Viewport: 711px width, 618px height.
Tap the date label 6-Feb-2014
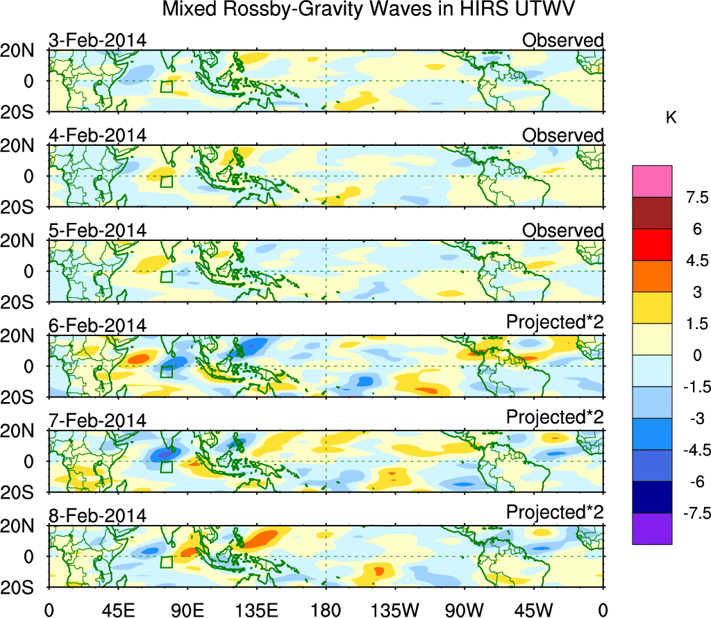pos(97,325)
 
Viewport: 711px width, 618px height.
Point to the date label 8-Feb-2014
pos(97,515)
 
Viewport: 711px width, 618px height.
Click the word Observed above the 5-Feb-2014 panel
pos(562,231)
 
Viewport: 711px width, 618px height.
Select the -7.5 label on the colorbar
pos(692,513)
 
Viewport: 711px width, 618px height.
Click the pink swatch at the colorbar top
pos(652,181)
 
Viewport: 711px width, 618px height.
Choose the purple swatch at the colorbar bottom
pos(652,528)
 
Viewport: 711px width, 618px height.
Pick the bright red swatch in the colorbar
pos(652,244)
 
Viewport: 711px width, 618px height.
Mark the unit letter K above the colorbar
pos(671,119)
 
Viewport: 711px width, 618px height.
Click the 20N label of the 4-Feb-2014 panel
pos(22,145)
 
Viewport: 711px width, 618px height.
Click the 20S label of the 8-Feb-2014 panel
pos(22,587)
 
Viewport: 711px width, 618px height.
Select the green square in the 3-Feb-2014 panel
pos(166,87)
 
